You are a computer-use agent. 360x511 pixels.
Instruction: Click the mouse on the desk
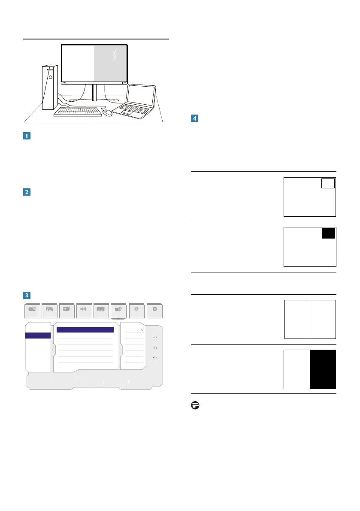coord(107,112)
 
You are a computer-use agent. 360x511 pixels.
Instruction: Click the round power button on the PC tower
coord(50,77)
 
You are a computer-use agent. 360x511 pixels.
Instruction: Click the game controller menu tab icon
coord(50,309)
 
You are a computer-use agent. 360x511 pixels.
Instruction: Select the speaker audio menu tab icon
coord(84,309)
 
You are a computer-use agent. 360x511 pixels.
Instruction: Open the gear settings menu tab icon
coord(136,309)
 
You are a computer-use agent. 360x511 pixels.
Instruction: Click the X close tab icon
coord(154,309)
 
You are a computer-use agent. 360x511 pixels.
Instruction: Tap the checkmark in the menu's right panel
coord(142,330)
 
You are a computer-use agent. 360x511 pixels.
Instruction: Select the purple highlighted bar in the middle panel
coord(85,330)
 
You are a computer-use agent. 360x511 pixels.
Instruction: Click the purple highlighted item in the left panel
coord(38,336)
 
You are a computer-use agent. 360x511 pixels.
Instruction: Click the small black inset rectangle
coord(328,233)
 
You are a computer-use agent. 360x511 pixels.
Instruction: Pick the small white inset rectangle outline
coord(328,183)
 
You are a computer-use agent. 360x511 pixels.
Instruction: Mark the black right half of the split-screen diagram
coord(323,369)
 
